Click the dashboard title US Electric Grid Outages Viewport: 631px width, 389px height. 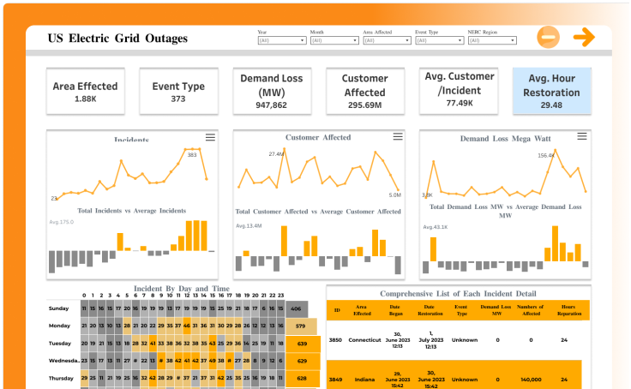tap(117, 39)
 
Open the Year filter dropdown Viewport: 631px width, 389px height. tap(281, 40)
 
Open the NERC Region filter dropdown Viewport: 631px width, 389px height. tap(493, 40)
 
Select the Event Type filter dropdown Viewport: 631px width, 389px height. tap(440, 40)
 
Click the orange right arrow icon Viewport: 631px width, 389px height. tap(584, 37)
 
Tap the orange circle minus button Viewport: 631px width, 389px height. tap(549, 37)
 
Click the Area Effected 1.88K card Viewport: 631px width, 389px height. tap(85, 91)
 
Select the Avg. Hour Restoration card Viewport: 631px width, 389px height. tap(551, 92)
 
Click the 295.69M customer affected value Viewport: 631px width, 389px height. tap(364, 105)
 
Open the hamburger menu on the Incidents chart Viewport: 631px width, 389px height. tap(210, 137)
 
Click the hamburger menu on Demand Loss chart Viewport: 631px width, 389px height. tap(583, 136)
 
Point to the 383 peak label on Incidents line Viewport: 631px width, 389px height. tap(192, 155)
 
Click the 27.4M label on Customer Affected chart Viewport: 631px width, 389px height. tap(276, 154)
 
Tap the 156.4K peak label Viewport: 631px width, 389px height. tap(545, 155)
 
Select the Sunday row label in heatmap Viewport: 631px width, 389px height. tap(59, 308)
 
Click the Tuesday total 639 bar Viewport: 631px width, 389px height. tap(302, 344)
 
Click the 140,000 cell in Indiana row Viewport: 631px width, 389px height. tap(531, 378)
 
